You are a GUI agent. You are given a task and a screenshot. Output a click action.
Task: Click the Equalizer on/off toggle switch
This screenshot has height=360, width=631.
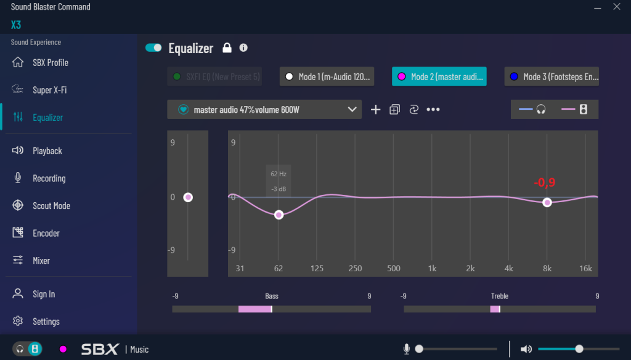pos(153,47)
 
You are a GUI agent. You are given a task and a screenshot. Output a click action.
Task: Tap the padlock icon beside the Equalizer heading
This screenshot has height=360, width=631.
pos(227,47)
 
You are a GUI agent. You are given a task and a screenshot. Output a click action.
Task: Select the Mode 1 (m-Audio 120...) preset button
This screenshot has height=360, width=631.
pos(327,76)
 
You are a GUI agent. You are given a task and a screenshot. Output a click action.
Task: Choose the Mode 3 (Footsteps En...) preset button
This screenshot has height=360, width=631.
pos(552,76)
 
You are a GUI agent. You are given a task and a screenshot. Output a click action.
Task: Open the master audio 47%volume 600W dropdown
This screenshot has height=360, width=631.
pos(264,109)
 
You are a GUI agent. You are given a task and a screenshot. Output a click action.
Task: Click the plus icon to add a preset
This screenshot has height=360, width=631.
pos(375,109)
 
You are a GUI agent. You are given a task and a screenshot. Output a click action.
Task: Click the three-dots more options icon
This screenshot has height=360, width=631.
pos(433,109)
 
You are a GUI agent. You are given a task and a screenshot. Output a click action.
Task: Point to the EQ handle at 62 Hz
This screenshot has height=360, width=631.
pos(279,215)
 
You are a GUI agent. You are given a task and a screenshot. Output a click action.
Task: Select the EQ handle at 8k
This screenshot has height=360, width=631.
pos(547,202)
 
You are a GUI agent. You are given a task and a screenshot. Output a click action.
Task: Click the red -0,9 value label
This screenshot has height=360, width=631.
pos(545,182)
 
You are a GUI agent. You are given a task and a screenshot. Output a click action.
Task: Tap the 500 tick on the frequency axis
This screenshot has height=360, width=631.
pos(393,268)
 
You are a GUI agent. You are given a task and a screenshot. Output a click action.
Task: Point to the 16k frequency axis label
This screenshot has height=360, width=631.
pos(585,268)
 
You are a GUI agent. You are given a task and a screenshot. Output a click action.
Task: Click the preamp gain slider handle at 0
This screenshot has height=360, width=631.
pos(188,197)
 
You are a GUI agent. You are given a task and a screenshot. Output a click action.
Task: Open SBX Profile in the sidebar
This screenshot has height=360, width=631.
pos(50,62)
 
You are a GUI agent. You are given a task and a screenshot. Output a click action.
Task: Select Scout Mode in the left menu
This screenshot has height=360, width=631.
pos(51,206)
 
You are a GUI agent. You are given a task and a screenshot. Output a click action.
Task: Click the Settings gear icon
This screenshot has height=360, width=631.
pos(18,321)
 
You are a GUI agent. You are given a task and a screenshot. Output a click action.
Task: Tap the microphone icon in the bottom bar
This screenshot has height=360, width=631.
pos(407,349)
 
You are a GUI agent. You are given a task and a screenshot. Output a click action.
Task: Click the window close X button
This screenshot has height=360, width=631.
pos(616,7)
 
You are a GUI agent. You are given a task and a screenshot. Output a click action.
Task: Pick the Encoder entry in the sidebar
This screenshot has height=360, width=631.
pos(46,233)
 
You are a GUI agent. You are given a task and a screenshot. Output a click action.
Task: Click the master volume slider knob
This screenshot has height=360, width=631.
pos(579,349)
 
